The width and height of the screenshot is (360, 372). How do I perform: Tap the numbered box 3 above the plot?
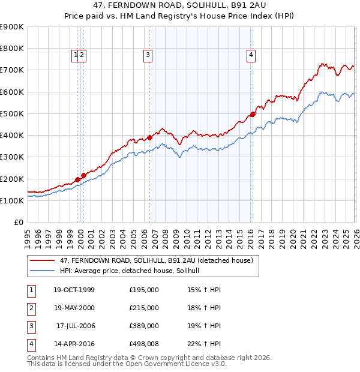point(148,55)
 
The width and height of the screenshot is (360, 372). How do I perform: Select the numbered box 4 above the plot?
point(251,55)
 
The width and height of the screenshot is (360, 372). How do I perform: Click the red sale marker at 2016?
point(253,114)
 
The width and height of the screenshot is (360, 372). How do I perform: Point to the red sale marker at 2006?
point(149,137)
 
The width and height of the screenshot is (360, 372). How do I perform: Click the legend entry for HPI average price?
point(133,271)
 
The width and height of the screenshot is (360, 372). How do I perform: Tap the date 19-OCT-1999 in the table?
point(74,290)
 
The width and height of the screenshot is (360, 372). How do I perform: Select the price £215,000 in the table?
point(144,308)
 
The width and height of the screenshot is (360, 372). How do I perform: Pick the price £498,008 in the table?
point(144,344)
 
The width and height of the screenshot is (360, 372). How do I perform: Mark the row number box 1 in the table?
point(31,290)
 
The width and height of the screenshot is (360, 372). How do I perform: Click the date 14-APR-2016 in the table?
point(74,344)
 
